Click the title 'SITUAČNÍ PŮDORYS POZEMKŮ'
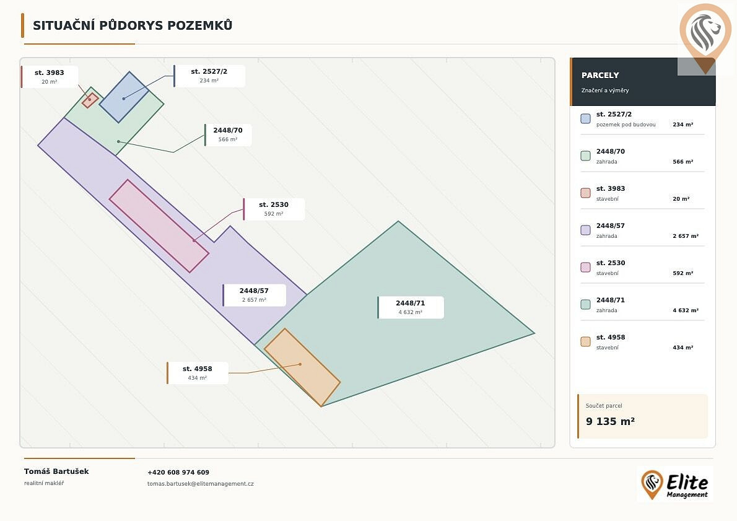pos(133,25)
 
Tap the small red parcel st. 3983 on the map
pos(90,100)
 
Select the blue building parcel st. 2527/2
pos(124,97)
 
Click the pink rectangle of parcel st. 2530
pos(159,225)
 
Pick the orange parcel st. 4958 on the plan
pos(302,367)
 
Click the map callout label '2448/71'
pos(411,307)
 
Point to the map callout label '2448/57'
pos(254,295)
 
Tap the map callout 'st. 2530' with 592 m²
pos(274,209)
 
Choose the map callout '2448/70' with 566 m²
pos(228,135)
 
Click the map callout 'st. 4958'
pos(198,373)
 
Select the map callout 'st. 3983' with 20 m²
pos(50,77)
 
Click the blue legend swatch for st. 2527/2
pos(585,118)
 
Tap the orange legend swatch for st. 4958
pos(585,342)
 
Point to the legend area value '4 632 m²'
pos(686,310)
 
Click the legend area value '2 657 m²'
pos(686,236)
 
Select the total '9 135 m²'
pos(610,421)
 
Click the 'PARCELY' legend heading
pos(600,75)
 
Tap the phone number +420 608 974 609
pos(178,472)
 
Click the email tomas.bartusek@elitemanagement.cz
pos(200,484)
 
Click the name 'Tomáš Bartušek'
pos(56,471)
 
